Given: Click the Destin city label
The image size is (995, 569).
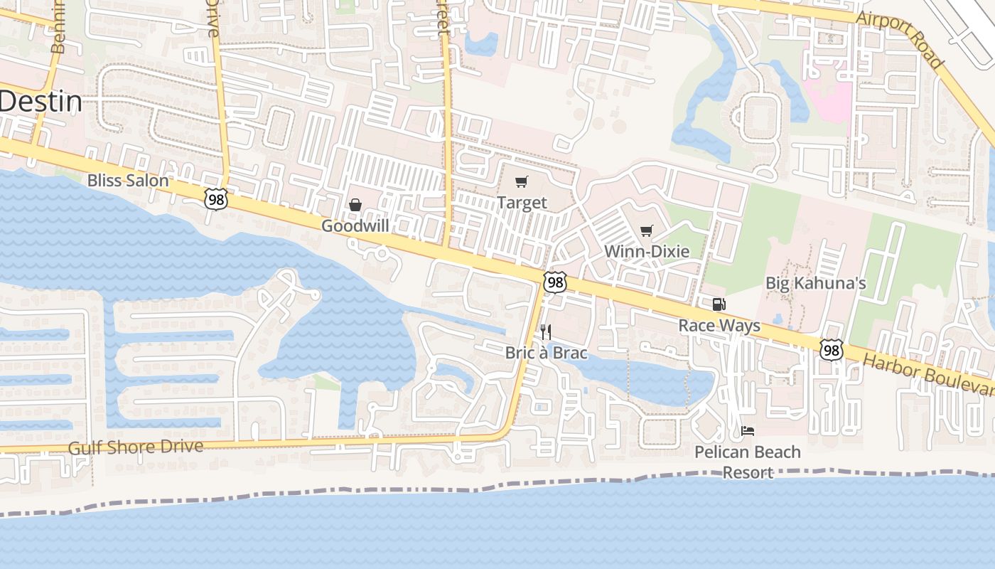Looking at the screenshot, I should coord(41,102).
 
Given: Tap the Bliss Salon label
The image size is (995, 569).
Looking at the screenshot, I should coord(128,181).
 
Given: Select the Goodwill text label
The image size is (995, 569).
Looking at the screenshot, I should coord(355,226).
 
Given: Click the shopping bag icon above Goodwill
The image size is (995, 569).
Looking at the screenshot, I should coord(355,205).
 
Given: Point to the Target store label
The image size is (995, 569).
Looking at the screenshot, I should coord(522,203).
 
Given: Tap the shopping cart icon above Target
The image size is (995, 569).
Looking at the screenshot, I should coord(522,181).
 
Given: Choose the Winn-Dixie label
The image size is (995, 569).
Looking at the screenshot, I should coord(647,251).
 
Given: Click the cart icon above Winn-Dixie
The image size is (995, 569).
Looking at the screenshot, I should coord(646,230).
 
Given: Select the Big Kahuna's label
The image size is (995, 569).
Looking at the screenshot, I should coord(815,283).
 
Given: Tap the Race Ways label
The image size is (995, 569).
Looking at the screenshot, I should coord(719,326).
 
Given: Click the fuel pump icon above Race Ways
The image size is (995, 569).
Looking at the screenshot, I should coord(719,304).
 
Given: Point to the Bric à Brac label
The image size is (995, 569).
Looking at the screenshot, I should coord(546,353).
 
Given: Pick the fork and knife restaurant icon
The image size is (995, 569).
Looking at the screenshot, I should coord(546,331).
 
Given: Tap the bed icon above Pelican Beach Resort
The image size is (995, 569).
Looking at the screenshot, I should coord(747,430).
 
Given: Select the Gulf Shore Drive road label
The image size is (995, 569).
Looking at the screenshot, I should coord(136,447).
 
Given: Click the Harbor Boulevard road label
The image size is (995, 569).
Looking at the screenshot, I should coord(927,373).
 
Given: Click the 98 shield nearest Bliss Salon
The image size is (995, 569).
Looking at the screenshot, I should coord(215,199).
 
